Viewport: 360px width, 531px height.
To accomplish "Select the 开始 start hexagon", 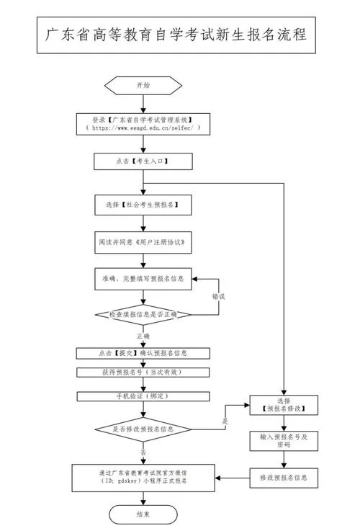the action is tap(143, 85).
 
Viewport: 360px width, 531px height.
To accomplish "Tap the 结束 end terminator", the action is tap(143, 514).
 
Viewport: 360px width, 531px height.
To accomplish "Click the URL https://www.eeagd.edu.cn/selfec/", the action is tap(143, 128).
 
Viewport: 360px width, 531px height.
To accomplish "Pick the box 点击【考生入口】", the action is tap(143, 161).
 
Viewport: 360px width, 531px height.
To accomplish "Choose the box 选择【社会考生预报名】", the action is tap(143, 205).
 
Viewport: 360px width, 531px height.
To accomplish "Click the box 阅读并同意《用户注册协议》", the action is tap(143, 243).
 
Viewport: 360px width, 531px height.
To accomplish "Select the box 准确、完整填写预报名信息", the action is tap(143, 279).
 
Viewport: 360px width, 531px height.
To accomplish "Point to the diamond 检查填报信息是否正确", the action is tap(143, 315).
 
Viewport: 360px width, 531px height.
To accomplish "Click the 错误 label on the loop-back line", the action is tap(219, 297).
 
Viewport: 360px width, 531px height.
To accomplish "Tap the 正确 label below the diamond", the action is tap(143, 336).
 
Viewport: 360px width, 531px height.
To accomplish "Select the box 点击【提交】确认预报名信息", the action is tap(143, 353).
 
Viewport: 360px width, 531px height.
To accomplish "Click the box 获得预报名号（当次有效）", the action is tap(143, 372).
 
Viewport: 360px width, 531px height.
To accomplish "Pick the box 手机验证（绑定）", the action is tap(143, 396).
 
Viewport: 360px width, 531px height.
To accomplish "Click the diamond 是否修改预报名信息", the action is tap(143, 429).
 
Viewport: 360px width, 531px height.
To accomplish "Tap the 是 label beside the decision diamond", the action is tap(225, 421).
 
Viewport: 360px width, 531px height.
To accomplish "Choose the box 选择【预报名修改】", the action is tap(284, 405).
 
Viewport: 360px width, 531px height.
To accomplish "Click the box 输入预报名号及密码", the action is tap(284, 441).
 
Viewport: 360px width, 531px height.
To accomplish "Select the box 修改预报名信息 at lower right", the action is tap(284, 478).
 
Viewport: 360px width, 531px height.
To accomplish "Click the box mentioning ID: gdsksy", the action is tap(143, 478).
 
